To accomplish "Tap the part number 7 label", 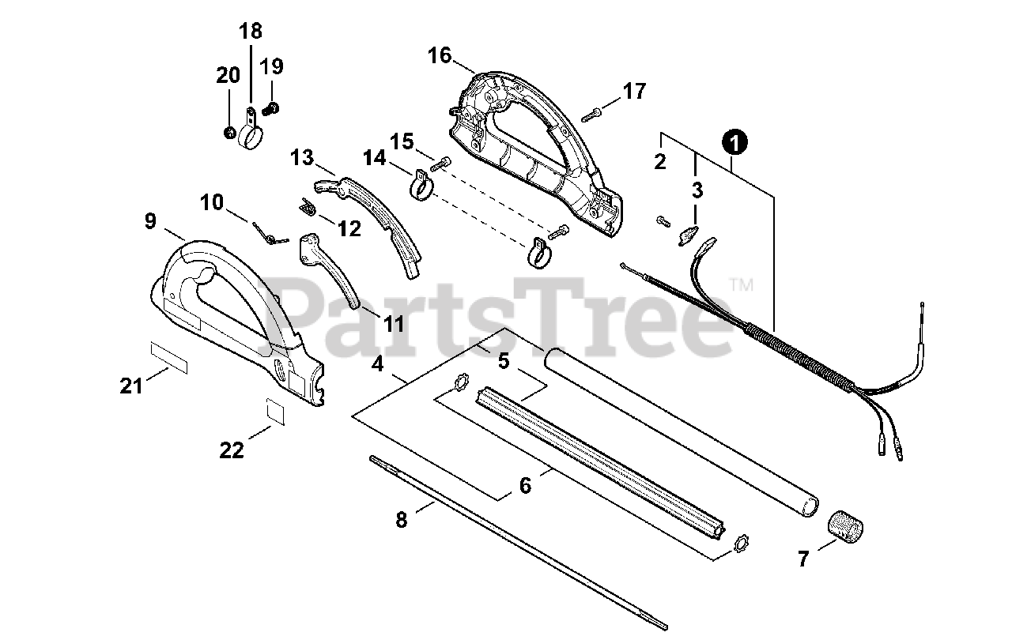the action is point(803,559).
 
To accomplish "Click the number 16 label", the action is point(440,55).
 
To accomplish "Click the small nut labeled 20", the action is point(228,132).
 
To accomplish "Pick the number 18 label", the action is point(250,32).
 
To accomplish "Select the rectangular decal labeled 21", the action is point(169,356).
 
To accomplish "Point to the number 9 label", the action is point(150,221).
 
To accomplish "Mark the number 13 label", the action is point(301,157).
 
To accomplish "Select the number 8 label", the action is point(402,521).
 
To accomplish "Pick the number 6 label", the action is point(525,485).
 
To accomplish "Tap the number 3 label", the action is point(697,190).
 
